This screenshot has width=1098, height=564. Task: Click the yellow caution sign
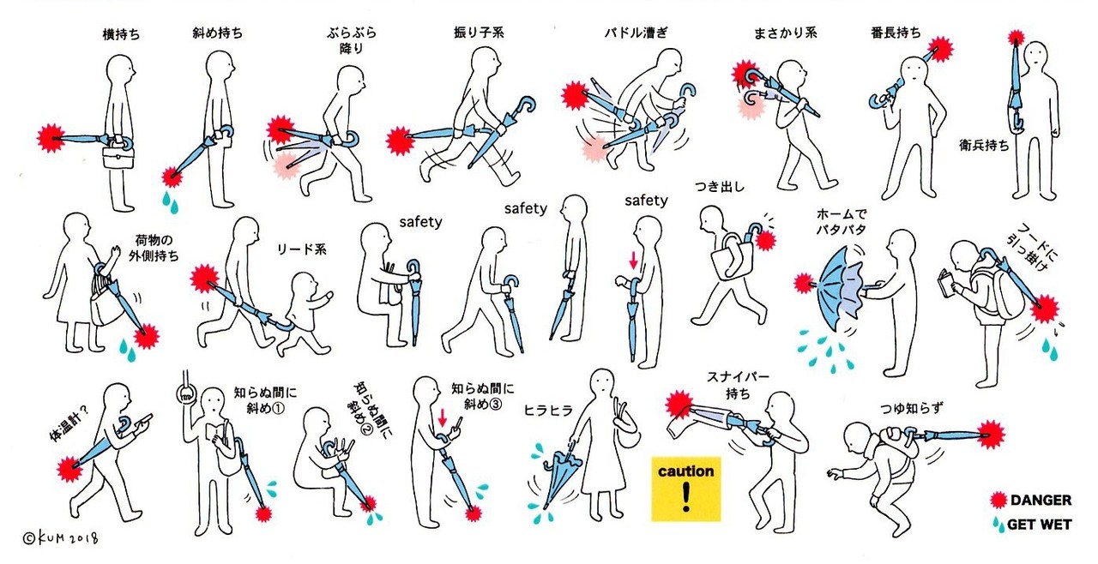(x=685, y=489)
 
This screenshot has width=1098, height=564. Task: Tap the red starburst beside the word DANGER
(x=998, y=500)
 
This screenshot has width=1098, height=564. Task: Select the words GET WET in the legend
(x=1039, y=525)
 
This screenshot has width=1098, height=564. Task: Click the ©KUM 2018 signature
(x=60, y=538)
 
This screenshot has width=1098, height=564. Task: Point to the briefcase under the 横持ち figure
(x=118, y=156)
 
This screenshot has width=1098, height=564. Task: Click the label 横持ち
(x=121, y=34)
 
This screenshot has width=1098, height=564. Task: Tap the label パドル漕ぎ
(x=636, y=33)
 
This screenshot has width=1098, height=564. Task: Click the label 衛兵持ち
(x=984, y=145)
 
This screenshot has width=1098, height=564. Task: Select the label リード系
(x=301, y=249)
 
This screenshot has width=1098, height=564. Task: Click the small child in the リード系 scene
(x=305, y=314)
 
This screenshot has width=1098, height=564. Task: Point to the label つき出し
(x=720, y=186)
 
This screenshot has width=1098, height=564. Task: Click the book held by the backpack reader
(x=945, y=283)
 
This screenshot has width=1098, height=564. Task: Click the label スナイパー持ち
(x=738, y=385)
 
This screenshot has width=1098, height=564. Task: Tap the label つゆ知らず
(x=912, y=407)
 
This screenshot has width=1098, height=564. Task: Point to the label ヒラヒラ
(x=548, y=410)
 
